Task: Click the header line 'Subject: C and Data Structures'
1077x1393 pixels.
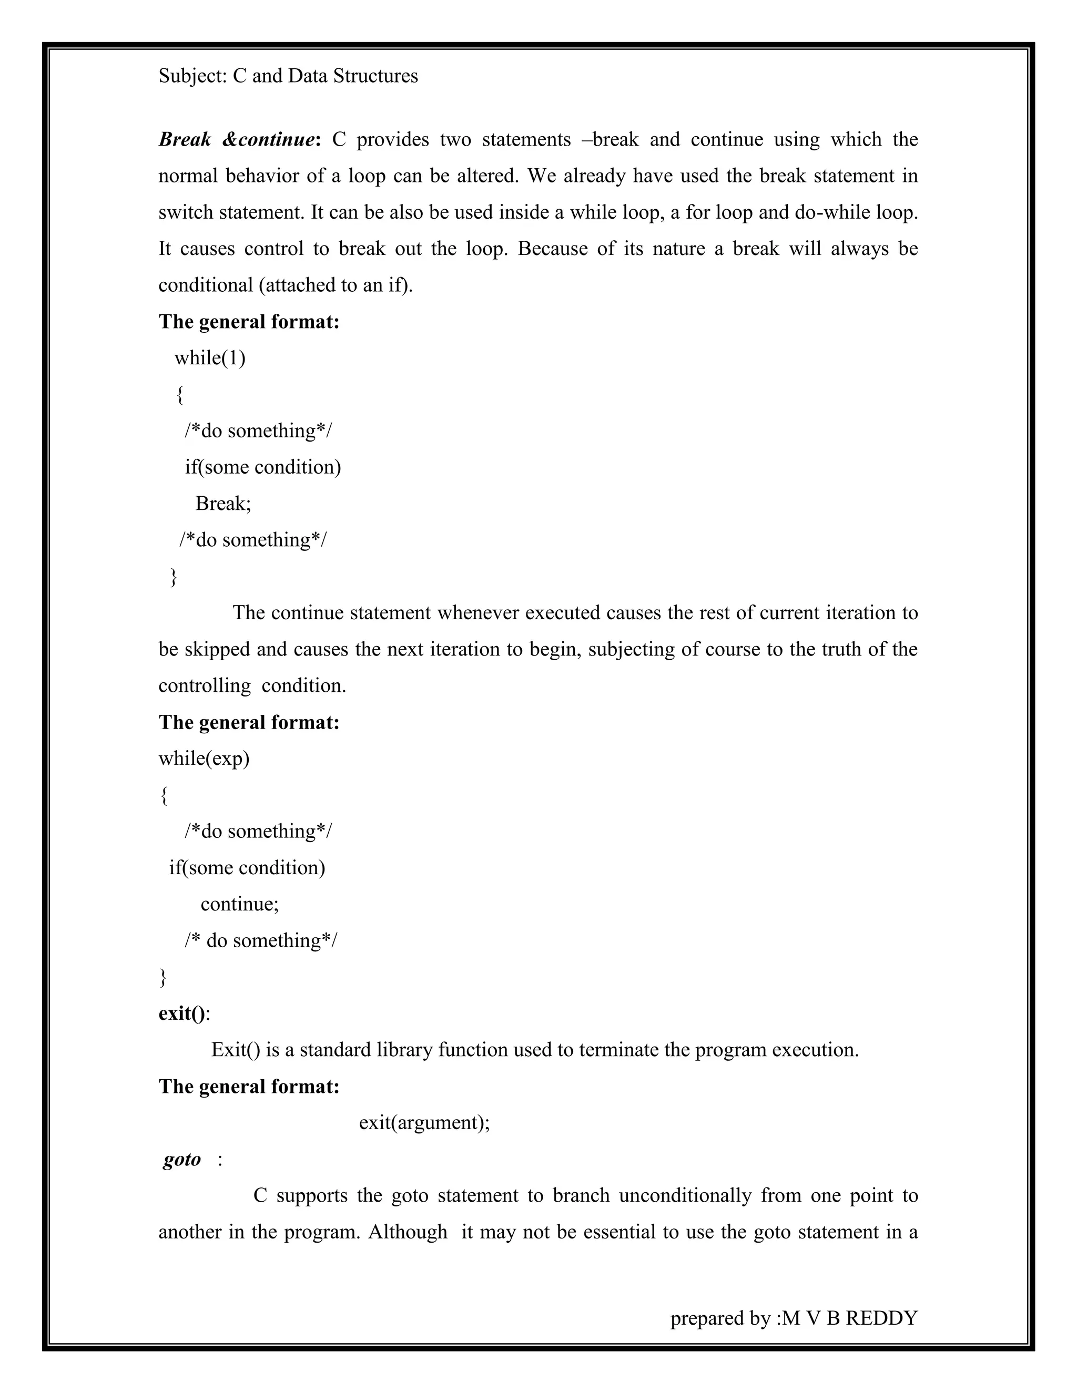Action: pos(288,76)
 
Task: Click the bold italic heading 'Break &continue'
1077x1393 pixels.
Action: pos(237,140)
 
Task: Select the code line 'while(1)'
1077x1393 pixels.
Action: pos(210,358)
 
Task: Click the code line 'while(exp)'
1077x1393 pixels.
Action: pos(204,759)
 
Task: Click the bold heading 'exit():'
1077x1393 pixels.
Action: pos(184,1013)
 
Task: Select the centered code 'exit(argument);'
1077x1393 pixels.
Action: pos(424,1123)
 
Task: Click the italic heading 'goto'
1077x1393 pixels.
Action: pos(182,1159)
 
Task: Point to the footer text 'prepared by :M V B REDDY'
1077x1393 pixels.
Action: pos(793,1318)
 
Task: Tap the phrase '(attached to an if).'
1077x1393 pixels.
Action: pos(336,285)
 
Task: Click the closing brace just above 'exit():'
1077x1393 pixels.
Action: pos(164,977)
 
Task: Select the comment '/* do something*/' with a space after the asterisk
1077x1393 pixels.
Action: pos(261,940)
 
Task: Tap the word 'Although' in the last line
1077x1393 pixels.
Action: pos(408,1232)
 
